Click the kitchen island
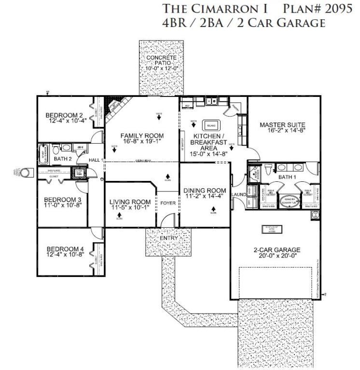[x=211, y=124]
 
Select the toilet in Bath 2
[x=68, y=148]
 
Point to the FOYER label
[x=168, y=203]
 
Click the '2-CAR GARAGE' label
[x=277, y=249]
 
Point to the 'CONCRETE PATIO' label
[x=161, y=60]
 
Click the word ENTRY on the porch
[x=169, y=238]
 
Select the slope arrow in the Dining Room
[x=214, y=210]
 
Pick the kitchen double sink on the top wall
[x=210, y=102]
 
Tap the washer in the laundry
[x=251, y=191]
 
